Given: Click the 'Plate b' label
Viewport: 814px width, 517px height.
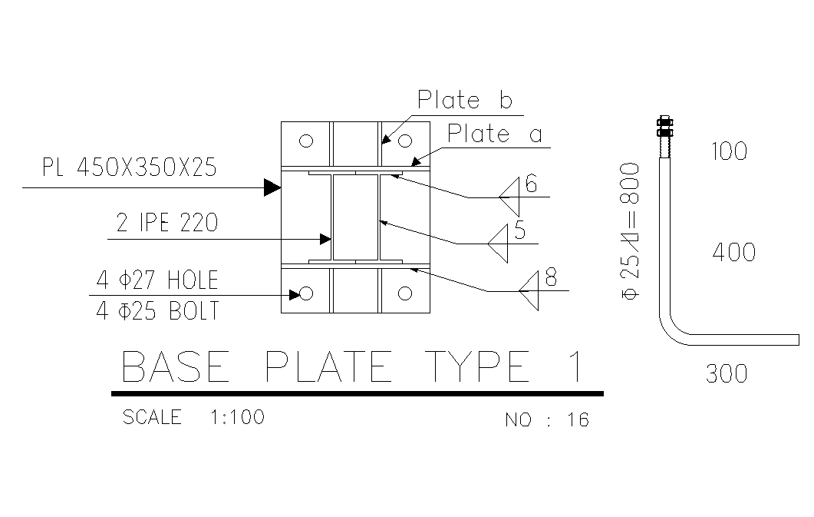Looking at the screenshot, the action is [x=465, y=99].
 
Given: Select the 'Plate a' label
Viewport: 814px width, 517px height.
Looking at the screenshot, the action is [x=495, y=134].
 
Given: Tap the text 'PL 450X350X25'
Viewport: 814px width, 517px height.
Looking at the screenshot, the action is [x=129, y=167].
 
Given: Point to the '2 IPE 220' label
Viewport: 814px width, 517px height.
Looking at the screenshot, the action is [x=167, y=222].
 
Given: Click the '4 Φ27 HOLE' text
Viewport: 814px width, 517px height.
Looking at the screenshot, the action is [x=157, y=280].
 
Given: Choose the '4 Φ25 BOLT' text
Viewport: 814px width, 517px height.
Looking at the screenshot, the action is [x=158, y=310].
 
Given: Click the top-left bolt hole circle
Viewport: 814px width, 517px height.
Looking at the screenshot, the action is [x=306, y=141].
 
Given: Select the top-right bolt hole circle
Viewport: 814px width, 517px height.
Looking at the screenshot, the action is [x=405, y=141].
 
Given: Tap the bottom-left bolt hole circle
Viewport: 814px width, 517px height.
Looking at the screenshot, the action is [x=306, y=293].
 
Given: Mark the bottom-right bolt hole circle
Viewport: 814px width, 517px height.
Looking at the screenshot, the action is [x=405, y=293].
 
